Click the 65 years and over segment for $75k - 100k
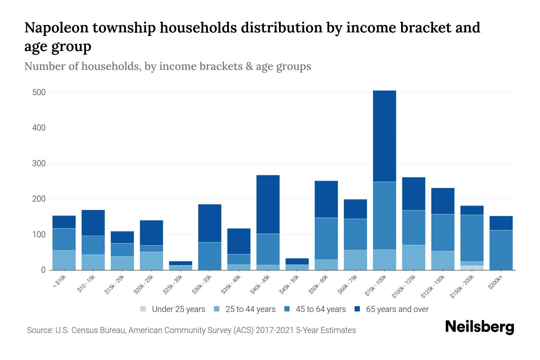pyautogui.click(x=384, y=136)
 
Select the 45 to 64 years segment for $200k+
pyautogui.click(x=501, y=250)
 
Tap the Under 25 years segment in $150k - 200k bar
pyautogui.click(x=472, y=268)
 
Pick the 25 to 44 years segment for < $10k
pyautogui.click(x=64, y=260)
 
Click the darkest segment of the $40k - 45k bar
pyautogui.click(x=268, y=204)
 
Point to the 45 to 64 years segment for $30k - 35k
pyautogui.click(x=210, y=256)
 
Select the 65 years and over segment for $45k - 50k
pyautogui.click(x=297, y=261)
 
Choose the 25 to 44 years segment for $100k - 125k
pyautogui.click(x=413, y=257)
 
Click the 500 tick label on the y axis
pyautogui.click(x=39, y=92)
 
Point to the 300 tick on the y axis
pyautogui.click(x=39, y=163)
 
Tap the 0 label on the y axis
pyautogui.click(x=43, y=270)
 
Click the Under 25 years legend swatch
pyautogui.click(x=143, y=309)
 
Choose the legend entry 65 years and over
pyautogui.click(x=397, y=309)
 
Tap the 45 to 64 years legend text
pyautogui.click(x=320, y=309)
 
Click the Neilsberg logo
pyautogui.click(x=479, y=327)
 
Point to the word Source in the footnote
pyautogui.click(x=39, y=330)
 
